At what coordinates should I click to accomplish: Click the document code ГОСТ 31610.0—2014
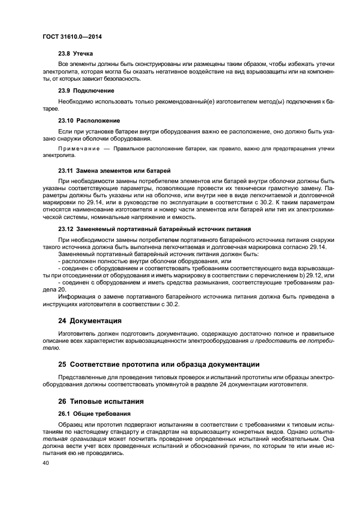72,37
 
